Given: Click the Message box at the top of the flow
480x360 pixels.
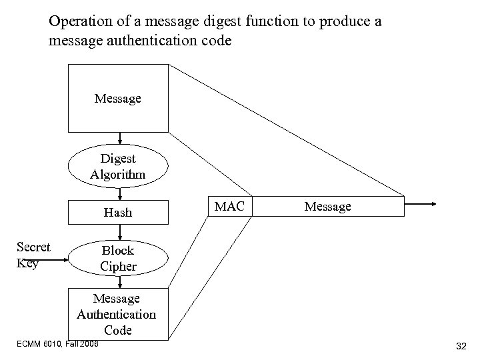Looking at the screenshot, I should [x=118, y=99].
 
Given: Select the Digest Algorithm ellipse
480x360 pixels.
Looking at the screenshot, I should [x=118, y=167].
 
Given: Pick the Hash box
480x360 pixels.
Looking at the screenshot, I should [x=118, y=213].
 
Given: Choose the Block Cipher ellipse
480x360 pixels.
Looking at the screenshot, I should [x=118, y=258].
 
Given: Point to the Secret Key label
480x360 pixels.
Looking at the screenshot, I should [x=33, y=255].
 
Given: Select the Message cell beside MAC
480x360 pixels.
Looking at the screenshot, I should [x=327, y=206].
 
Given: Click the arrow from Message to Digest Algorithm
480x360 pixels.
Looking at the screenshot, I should [x=119, y=139].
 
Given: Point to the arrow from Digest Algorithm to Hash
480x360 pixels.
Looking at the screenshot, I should [x=119, y=194].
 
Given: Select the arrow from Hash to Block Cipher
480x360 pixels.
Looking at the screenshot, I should [x=119, y=233].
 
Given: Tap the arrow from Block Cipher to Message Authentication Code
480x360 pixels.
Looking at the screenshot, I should [x=119, y=283].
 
